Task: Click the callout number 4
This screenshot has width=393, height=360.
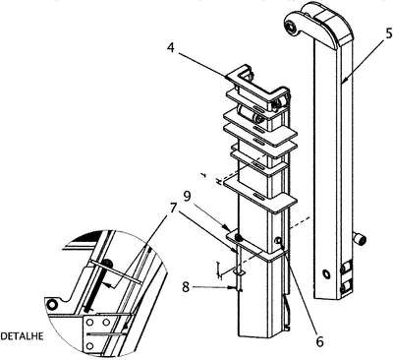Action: tap(170, 48)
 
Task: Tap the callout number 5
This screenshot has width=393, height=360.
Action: tap(388, 33)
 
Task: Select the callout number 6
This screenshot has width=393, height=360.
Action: tap(319, 341)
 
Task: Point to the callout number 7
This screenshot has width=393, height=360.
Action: tap(173, 209)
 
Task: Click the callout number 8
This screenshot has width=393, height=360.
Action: tap(186, 287)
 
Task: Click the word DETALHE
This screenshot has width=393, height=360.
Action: tap(22, 336)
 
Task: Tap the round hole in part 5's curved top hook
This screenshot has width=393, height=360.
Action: tap(291, 28)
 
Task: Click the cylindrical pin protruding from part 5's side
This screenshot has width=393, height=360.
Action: tap(361, 240)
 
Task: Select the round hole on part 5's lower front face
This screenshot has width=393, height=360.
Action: tap(326, 274)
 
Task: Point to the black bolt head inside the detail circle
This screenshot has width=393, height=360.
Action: tap(109, 263)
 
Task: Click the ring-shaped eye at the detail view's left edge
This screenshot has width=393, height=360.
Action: tap(51, 305)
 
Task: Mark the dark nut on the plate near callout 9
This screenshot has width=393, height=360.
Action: tap(240, 237)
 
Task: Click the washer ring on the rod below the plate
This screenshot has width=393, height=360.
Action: tap(239, 271)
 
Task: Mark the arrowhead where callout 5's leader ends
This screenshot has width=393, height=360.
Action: tap(342, 81)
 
